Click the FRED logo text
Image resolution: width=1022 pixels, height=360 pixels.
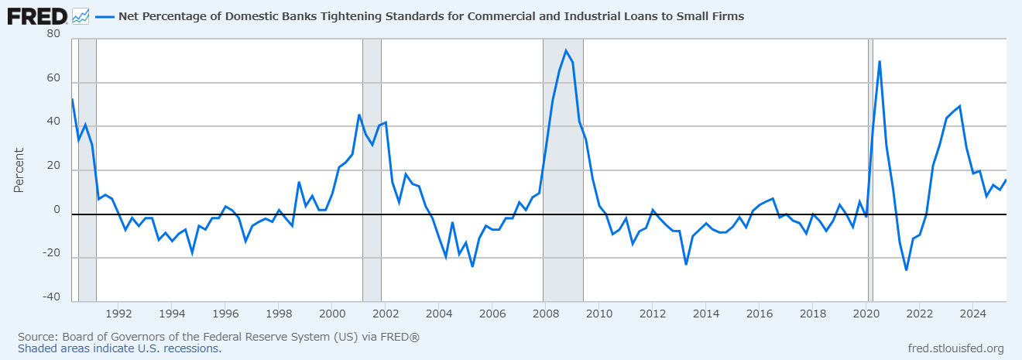tap(37, 17)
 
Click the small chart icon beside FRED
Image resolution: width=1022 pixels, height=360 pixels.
tap(81, 17)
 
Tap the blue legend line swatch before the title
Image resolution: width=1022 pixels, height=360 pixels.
tap(105, 17)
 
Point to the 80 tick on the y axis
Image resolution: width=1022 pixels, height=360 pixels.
tap(53, 33)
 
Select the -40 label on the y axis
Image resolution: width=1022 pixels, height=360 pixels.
tap(51, 297)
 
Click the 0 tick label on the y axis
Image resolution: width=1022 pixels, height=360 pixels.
tap(57, 210)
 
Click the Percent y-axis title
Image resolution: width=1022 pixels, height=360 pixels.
tap(19, 170)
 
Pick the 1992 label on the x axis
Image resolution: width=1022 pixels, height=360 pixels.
tap(118, 314)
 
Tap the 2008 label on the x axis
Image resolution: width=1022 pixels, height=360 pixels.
tap(546, 314)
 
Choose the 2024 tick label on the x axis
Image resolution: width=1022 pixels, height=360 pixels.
tap(972, 314)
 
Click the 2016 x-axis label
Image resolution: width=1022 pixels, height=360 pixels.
tap(760, 314)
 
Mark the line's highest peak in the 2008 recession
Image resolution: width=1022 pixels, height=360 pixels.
tap(566, 50)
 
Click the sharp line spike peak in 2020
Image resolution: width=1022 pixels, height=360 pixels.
tap(880, 61)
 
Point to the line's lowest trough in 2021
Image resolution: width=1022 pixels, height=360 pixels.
tap(906, 270)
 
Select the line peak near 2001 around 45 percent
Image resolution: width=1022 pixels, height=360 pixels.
tap(359, 115)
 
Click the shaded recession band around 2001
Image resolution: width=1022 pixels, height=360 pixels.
tap(372, 170)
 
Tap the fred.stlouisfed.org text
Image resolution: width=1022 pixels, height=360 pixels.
tap(956, 348)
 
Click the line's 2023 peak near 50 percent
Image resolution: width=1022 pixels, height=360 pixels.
tap(959, 106)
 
